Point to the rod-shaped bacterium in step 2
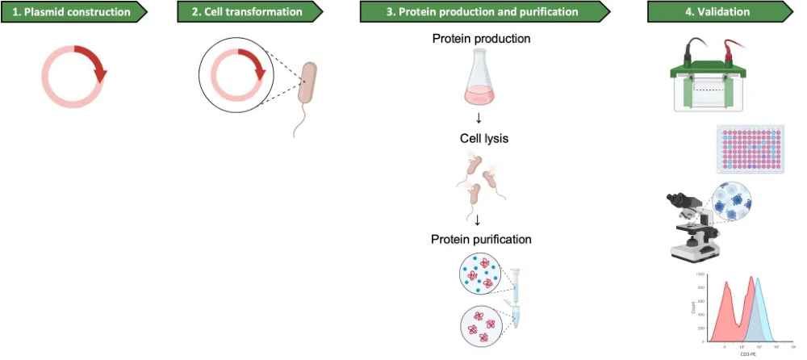point(307,85)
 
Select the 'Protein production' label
point(481,39)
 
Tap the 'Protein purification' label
point(481,239)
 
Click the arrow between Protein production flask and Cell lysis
point(479,119)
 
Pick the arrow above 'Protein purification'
point(479,219)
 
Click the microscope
point(692,226)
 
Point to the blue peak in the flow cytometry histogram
point(758,307)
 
